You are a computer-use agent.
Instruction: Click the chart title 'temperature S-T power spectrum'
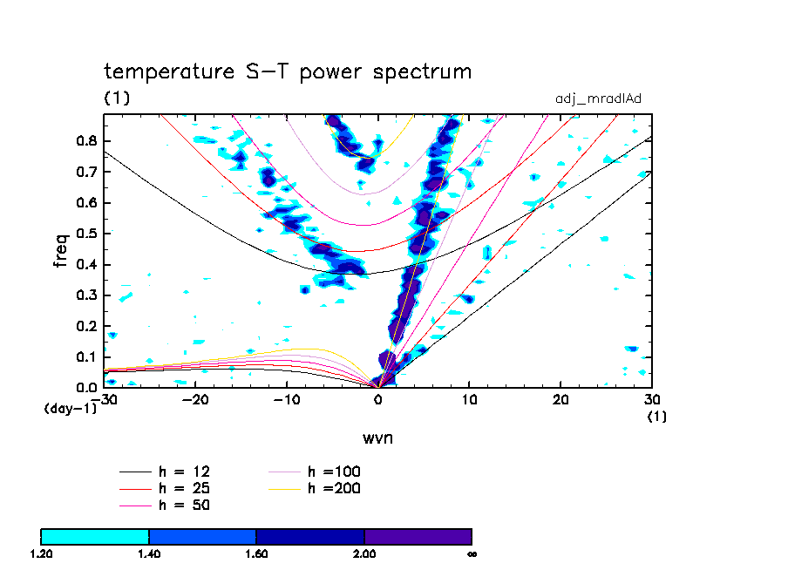[x=288, y=71]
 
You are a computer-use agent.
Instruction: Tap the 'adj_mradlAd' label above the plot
[x=598, y=98]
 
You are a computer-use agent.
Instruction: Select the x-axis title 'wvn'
[x=377, y=437]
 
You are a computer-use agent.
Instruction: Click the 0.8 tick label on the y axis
[x=86, y=141]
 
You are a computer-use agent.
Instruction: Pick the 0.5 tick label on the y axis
[x=86, y=234]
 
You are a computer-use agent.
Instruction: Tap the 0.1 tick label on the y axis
[x=86, y=356]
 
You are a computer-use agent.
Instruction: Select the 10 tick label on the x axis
[x=470, y=400]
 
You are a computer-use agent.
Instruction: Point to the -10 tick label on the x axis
[x=287, y=400]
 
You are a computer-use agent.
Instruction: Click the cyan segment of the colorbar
[x=95, y=536]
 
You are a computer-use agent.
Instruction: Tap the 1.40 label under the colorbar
[x=149, y=553]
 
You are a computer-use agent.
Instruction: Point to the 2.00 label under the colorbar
[x=363, y=553]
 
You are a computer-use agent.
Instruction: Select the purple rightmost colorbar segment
[x=418, y=536]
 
